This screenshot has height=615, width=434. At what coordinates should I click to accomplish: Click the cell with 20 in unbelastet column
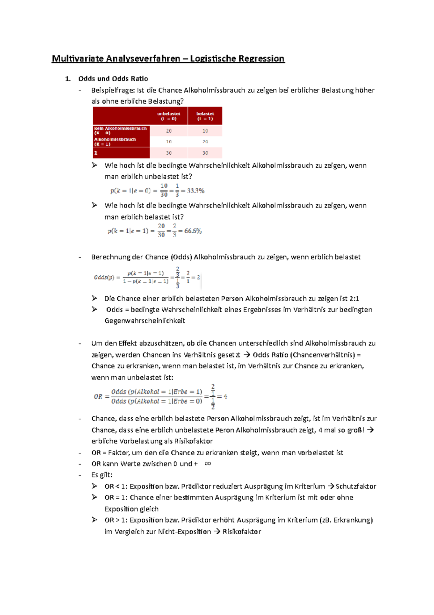coord(169,131)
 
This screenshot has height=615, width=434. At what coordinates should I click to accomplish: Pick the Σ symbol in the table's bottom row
coord(96,153)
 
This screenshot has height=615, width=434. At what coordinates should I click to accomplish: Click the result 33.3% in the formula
coord(196,191)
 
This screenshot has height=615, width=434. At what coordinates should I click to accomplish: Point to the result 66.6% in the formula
coord(193,231)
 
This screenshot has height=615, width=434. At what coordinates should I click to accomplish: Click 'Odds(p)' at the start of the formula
coord(104,277)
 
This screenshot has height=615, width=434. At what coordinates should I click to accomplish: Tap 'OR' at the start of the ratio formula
coord(98,397)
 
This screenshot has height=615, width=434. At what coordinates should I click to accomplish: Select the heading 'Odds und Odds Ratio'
coord(113,79)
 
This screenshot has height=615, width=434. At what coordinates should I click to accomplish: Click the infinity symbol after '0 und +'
coord(208,464)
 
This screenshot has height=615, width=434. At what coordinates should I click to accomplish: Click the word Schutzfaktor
coord(356,486)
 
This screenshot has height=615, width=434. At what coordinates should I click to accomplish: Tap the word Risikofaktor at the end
coord(242,532)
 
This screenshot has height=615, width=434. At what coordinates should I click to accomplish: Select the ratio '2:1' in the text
coord(354,298)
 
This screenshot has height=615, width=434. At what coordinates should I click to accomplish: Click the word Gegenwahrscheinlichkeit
coord(145,321)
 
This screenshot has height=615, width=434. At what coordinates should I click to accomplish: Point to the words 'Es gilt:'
coord(102,475)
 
